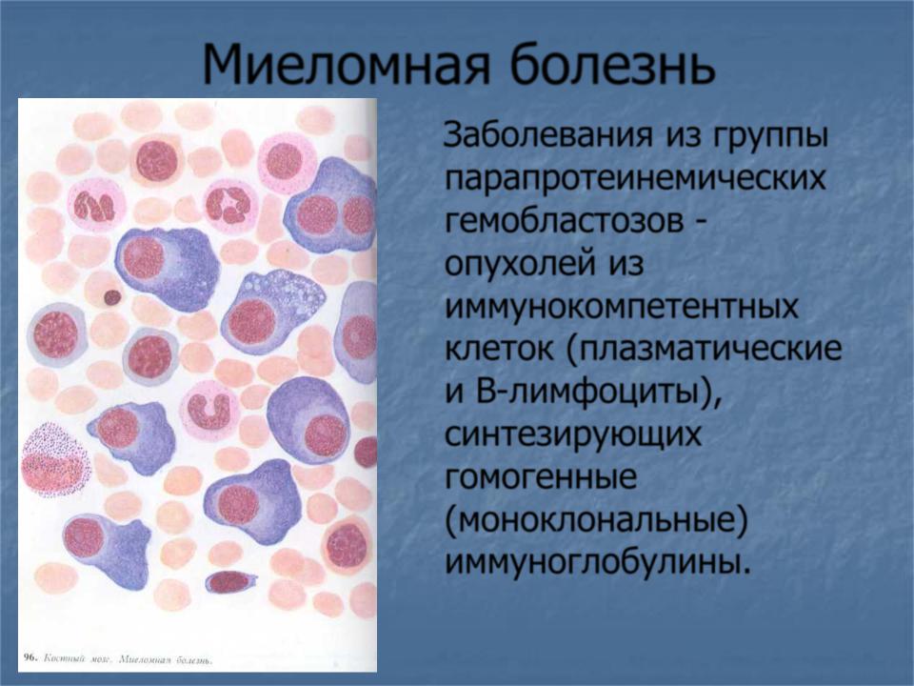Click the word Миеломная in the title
coord(345,64)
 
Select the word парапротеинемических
coord(635,178)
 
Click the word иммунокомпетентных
coord(622,306)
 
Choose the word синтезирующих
coord(573,435)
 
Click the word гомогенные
coord(541,477)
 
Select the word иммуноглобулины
coord(593,563)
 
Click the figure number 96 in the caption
coord(30,657)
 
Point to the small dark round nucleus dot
coord(112,297)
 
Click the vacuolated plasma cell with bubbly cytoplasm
coord(272,312)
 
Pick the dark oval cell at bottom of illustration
coord(230,581)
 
